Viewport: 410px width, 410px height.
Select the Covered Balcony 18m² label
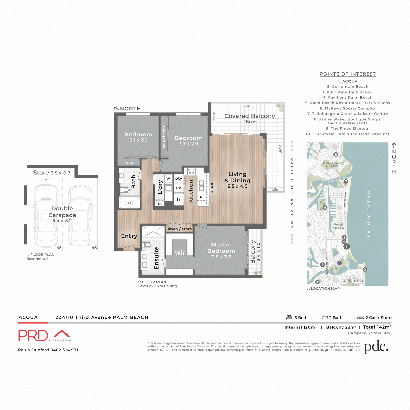coord(249,118)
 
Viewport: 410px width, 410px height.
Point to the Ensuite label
coord(156,258)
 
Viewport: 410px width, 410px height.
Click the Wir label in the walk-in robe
coord(180,253)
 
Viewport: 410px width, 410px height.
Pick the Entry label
coord(129,236)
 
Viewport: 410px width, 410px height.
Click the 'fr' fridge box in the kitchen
coord(179,199)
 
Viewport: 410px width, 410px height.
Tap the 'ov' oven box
coord(179,188)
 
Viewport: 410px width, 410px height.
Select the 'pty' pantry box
coord(179,178)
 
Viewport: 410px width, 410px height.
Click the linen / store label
coord(180,229)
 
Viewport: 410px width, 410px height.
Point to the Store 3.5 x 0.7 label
coord(52,173)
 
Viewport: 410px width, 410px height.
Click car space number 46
coord(94,248)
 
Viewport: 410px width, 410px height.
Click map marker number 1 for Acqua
coord(346,246)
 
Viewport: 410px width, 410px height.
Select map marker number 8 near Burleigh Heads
coord(336,155)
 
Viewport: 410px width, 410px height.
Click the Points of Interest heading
coord(347,74)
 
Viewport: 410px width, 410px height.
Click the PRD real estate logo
coord(44,336)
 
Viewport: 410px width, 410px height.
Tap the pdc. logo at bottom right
coord(376,347)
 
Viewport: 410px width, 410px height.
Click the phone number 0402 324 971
coord(64,350)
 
